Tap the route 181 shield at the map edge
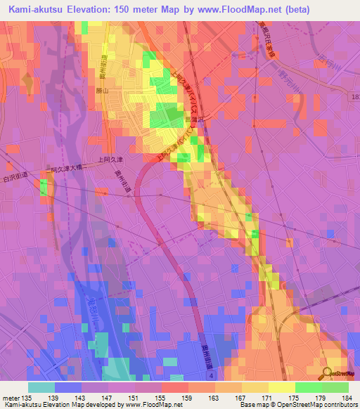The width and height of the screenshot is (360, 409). (354, 95)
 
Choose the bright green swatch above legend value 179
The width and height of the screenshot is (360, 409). (308, 387)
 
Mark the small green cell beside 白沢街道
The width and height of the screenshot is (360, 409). (44, 188)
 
